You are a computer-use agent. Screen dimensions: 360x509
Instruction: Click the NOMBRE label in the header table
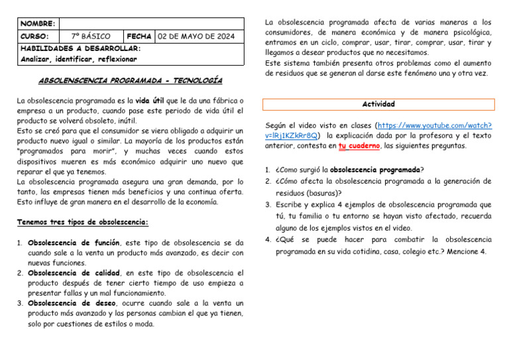38,23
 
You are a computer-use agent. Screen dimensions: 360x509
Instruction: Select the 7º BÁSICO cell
91,36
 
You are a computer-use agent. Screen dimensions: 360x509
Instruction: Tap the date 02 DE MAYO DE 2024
199,36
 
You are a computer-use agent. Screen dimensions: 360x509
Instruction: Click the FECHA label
139,36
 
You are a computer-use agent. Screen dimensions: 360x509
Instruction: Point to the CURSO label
34,36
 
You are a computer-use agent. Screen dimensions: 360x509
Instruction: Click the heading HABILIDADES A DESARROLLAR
80,48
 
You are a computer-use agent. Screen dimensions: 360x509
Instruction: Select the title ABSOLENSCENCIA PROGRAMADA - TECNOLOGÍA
131,80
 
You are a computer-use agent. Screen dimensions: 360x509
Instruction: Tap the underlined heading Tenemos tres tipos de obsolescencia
83,222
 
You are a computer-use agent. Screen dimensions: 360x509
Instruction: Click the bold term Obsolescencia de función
74,243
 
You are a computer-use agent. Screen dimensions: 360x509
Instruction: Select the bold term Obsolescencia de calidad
74,273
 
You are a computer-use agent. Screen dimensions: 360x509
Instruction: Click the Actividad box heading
378,104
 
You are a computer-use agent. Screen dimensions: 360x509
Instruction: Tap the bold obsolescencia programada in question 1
375,170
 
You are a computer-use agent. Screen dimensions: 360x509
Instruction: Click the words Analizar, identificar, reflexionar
79,59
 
